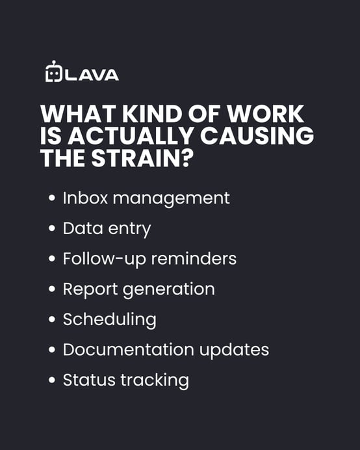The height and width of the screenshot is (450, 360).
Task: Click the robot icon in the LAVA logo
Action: coord(53,72)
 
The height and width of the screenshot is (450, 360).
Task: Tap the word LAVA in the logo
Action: coord(92,74)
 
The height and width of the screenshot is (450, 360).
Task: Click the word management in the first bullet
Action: coord(172,198)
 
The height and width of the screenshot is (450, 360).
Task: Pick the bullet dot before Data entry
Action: coord(52,230)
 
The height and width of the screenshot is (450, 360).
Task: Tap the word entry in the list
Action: coord(131,230)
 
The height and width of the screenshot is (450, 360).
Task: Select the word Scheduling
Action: coord(109,320)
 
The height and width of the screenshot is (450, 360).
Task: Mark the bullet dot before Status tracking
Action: coord(52,380)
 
